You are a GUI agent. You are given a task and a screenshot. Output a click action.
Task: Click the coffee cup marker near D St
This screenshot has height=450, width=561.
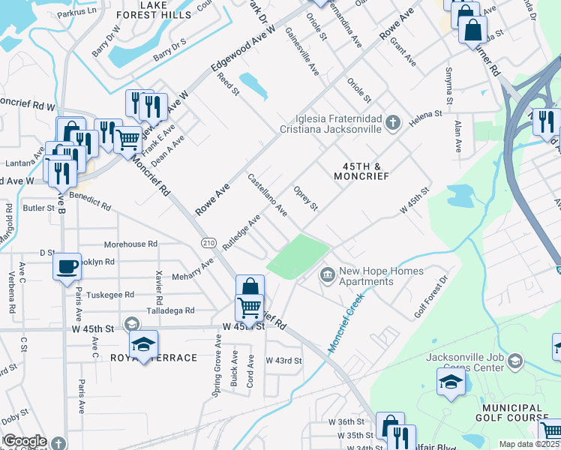pyautogui.click(x=67, y=265)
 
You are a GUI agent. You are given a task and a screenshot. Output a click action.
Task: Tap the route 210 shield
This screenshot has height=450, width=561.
pyautogui.click(x=208, y=242)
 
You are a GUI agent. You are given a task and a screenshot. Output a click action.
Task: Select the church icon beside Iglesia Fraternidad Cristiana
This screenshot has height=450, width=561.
pyautogui.click(x=393, y=121)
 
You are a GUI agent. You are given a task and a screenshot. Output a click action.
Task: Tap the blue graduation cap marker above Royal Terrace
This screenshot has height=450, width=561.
pyautogui.click(x=143, y=344)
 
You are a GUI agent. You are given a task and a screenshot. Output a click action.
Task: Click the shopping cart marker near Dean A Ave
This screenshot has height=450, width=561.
pyautogui.click(x=128, y=139)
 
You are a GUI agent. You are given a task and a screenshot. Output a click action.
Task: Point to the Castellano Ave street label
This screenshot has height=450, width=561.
pyautogui.click(x=268, y=195)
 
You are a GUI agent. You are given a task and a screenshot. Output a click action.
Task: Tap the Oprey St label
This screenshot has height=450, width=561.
pyautogui.click(x=306, y=199)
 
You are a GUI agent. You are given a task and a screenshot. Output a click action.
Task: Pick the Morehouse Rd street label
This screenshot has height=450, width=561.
pyautogui.click(x=130, y=244)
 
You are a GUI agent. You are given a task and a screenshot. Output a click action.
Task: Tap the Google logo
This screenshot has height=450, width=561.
pyautogui.click(x=25, y=441)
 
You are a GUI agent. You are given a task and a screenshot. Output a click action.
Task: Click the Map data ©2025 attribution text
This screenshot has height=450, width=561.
pyautogui.click(x=529, y=444)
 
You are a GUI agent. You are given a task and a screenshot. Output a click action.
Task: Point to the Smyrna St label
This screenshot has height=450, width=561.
pyautogui.click(x=448, y=91)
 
